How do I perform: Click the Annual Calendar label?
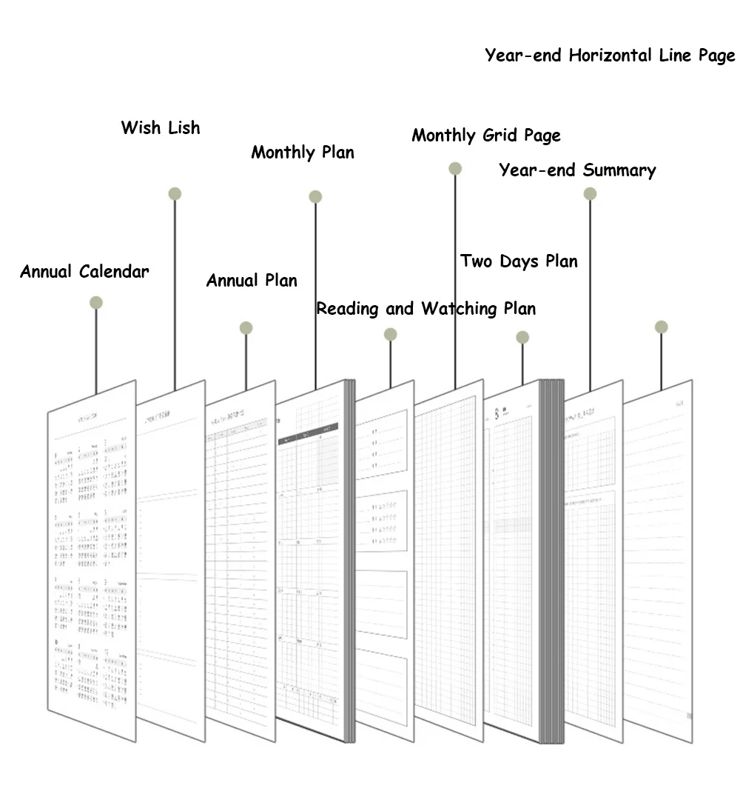pyautogui.click(x=84, y=272)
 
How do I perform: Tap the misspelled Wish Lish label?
pyautogui.click(x=161, y=127)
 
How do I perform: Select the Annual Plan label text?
pyautogui.click(x=252, y=281)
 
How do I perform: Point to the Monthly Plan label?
pyautogui.click(x=303, y=153)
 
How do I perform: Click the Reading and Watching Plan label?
pyautogui.click(x=426, y=308)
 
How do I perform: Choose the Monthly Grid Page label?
pyautogui.click(x=486, y=136)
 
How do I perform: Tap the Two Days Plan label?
pyautogui.click(x=519, y=261)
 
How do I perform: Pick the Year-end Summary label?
pyautogui.click(x=577, y=170)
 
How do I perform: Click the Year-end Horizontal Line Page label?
pyautogui.click(x=610, y=56)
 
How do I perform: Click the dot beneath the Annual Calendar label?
pyautogui.click(x=95, y=302)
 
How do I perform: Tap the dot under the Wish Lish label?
pyautogui.click(x=175, y=194)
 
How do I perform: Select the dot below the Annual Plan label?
pyautogui.click(x=246, y=328)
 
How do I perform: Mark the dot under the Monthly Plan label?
pyautogui.click(x=315, y=197)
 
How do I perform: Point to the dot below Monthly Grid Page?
pyautogui.click(x=455, y=169)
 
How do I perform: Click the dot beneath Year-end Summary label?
pyautogui.click(x=590, y=194)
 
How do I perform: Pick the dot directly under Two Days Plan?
pyautogui.click(x=522, y=337)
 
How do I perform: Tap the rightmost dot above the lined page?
pyautogui.click(x=662, y=327)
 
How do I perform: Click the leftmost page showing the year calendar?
pyautogui.click(x=92, y=563)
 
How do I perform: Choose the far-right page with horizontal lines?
pyautogui.click(x=658, y=570)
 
